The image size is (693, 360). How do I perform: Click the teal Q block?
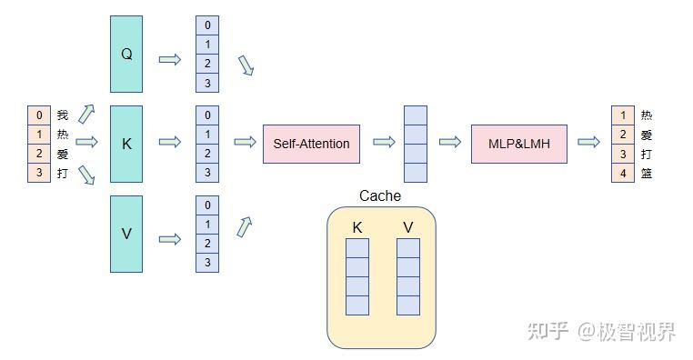pos(126,54)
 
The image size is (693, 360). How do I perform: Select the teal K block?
pos(126,143)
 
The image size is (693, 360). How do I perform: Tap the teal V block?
pos(126,233)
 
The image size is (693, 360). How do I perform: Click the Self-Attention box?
pos(311,144)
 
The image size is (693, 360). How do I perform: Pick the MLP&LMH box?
pos(519,144)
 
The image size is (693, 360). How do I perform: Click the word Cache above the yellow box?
pos(379,195)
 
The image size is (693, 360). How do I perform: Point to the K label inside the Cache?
pos(357,227)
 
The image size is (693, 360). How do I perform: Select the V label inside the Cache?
pos(407,227)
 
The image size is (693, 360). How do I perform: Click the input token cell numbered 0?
pos(39,115)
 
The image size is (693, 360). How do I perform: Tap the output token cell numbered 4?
pos(623,173)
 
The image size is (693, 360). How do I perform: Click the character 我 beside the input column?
pos(63,115)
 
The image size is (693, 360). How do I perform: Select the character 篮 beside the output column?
pos(647,173)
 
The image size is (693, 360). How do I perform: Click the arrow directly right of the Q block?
pos(170,59)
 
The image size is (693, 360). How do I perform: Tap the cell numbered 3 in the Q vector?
pos(207,84)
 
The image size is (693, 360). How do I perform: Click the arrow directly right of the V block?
pos(170,239)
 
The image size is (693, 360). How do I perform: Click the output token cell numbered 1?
pos(623,115)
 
